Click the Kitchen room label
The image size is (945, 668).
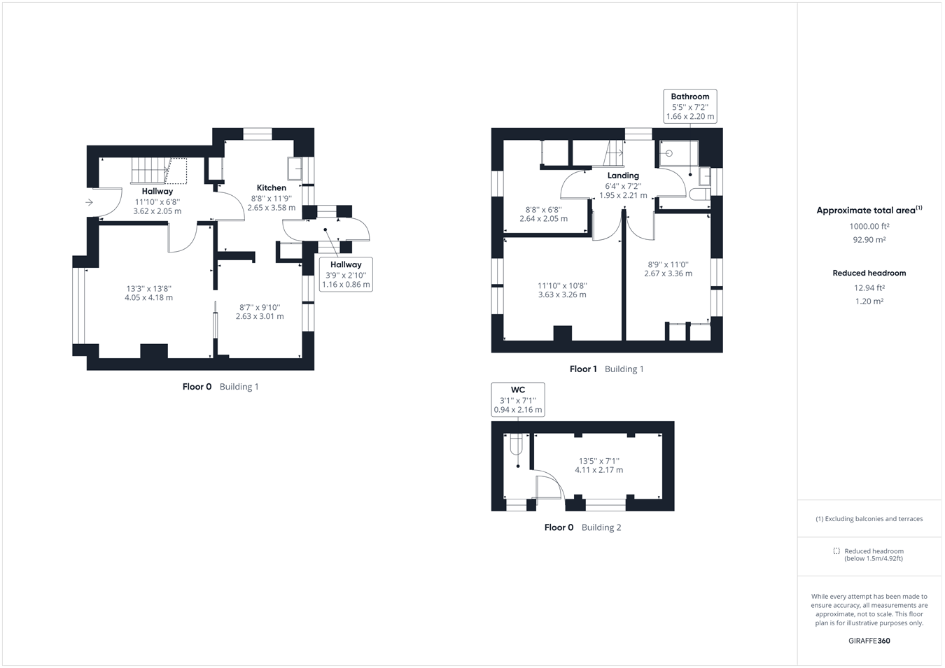pos(271,187)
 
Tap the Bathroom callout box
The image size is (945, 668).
pos(689,106)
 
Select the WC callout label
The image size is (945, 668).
pos(517,399)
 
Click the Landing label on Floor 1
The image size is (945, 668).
pos(623,176)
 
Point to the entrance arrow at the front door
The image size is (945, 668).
pos(89,203)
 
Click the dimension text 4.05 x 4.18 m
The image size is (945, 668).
pos(148,298)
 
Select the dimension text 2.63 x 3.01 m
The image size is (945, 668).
pos(260,317)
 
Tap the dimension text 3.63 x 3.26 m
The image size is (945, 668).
pos(562,295)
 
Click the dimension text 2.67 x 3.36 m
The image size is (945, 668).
pos(668,273)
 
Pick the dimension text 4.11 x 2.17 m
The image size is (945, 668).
pos(598,470)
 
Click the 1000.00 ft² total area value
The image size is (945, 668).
pos(869,227)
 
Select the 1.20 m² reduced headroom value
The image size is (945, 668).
pos(869,301)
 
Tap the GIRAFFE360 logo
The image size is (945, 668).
pos(869,641)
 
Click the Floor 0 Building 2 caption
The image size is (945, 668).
pos(582,527)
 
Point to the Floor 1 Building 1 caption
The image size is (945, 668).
pos(606,369)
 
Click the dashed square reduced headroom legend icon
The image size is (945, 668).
pos(836,551)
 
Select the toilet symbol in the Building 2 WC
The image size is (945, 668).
pos(517,444)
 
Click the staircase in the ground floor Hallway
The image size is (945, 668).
pos(150,170)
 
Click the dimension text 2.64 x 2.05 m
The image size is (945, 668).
pos(543,219)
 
